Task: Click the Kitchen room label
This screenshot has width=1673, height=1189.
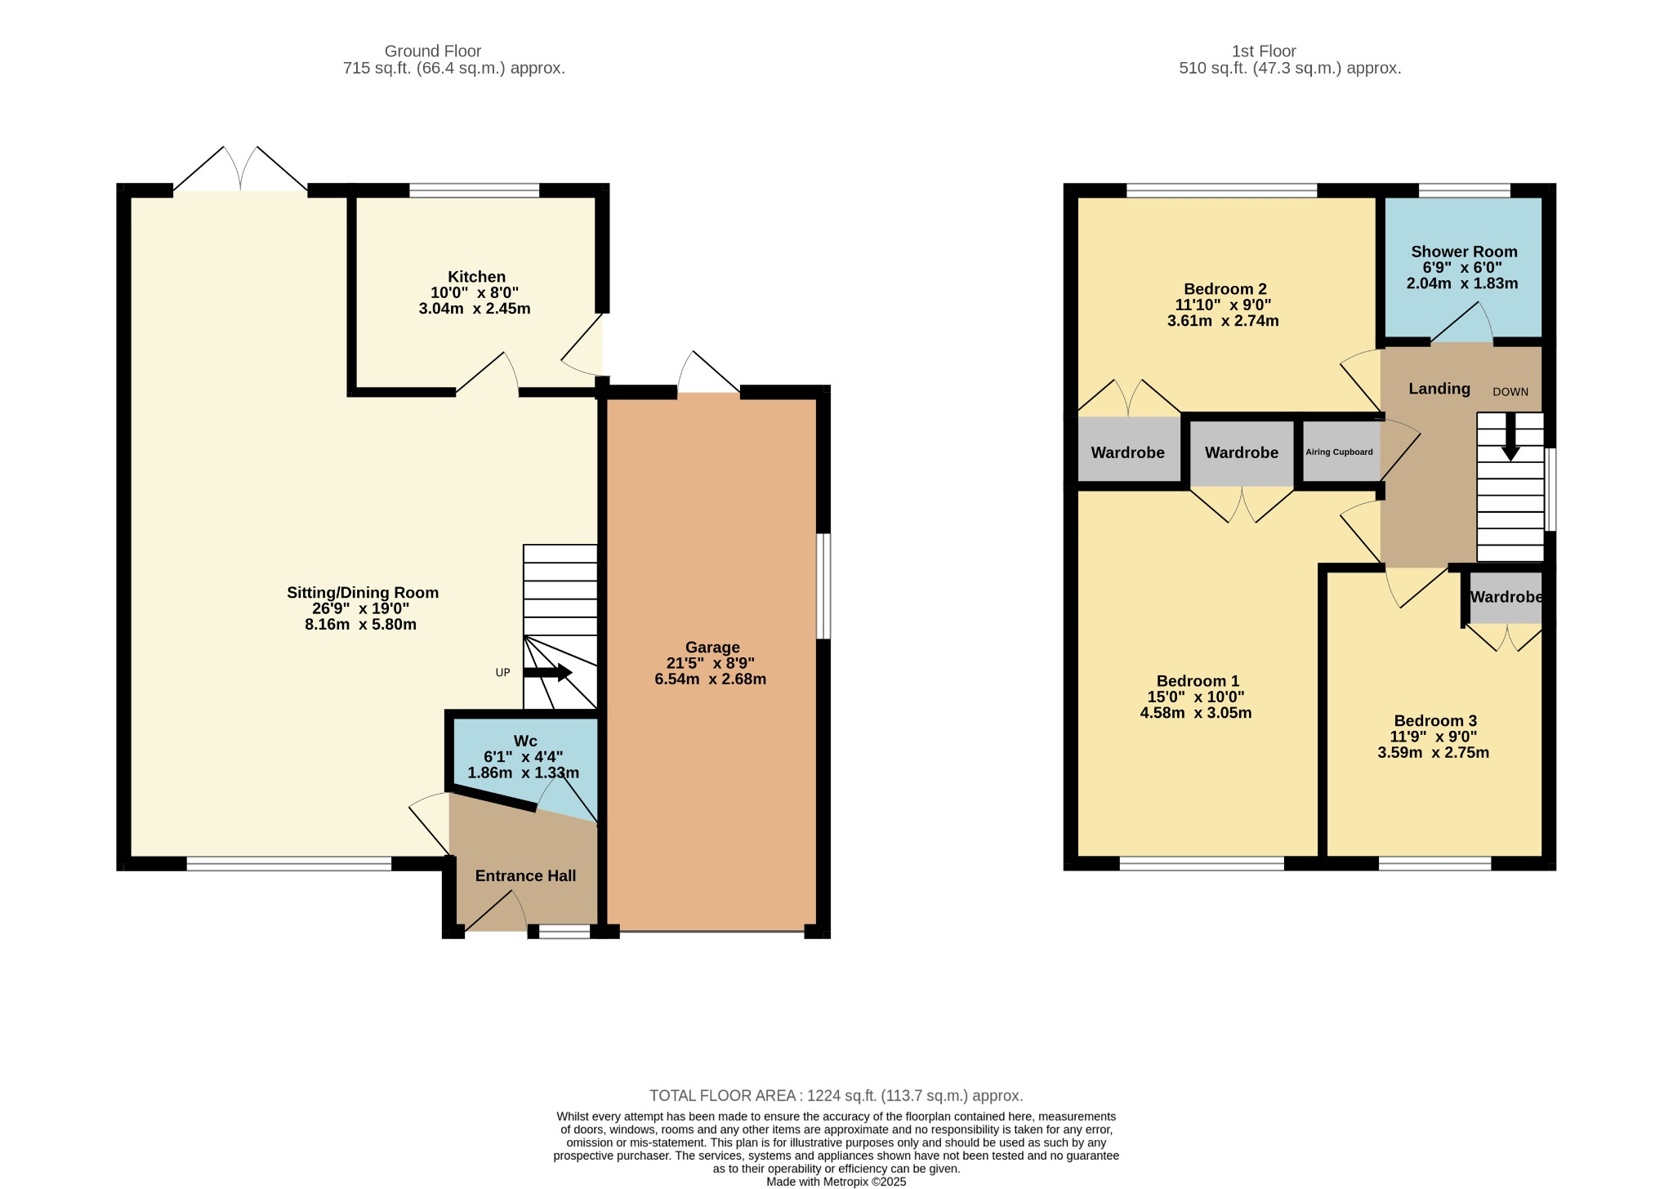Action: pos(476,277)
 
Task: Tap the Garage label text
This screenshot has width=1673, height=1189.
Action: pos(712,648)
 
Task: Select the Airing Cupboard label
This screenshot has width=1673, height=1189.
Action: pos(1339,452)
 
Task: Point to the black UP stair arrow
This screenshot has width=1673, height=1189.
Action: pos(547,673)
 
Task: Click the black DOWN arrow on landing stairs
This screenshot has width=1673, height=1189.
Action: pos(1510,437)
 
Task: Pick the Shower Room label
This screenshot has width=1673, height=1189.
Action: pos(1464,252)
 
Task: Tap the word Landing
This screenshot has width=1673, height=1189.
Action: pos(1439,389)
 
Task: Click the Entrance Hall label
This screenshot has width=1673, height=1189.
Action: pos(525,875)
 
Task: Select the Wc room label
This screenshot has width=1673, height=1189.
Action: pos(525,741)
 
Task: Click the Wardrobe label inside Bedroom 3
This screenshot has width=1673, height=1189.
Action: pos(1506,597)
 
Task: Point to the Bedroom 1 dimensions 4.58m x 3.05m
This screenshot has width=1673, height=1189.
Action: pos(1196,713)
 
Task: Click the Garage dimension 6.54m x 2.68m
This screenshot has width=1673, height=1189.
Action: pos(711,679)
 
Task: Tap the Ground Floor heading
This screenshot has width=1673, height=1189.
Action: pos(433,51)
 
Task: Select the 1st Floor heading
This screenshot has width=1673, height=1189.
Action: pos(1264,51)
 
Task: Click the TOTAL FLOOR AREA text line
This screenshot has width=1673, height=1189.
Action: pos(836,1096)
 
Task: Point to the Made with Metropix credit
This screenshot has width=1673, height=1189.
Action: pos(836,1182)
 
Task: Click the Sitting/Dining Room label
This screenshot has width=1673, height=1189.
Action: pos(363,593)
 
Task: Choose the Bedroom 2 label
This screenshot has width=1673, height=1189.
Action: pos(1225,289)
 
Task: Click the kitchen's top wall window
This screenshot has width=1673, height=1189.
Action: pos(475,190)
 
